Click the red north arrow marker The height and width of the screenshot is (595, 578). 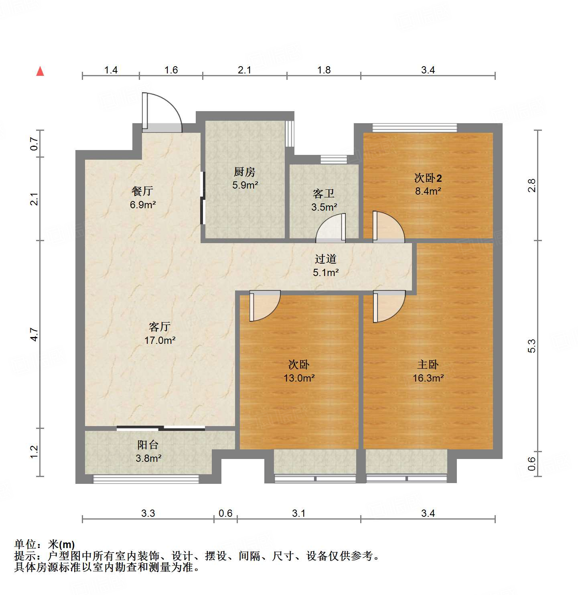(40, 71)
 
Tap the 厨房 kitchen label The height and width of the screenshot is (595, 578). (244, 172)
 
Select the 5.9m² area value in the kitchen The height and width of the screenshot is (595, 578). (245, 185)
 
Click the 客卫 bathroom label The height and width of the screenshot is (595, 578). (324, 194)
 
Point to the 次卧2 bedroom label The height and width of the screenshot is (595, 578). (428, 178)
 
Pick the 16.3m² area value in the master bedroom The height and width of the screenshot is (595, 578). (428, 378)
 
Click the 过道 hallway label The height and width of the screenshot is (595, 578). (325, 259)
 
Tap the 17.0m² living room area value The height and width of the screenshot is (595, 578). (160, 341)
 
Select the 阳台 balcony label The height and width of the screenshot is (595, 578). (148, 445)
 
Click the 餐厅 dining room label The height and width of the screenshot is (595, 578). (142, 191)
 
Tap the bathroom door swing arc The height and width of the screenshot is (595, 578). (331, 229)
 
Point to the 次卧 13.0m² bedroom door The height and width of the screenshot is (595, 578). (264, 307)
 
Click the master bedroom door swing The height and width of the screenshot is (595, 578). (389, 307)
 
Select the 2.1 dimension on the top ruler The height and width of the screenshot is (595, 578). (244, 70)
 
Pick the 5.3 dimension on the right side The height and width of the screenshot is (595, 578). (531, 346)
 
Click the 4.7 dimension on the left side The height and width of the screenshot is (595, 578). (34, 334)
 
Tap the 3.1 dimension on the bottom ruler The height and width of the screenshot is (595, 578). (298, 513)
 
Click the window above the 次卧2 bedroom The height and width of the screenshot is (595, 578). (414, 128)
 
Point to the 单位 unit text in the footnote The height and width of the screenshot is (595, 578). (26, 544)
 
